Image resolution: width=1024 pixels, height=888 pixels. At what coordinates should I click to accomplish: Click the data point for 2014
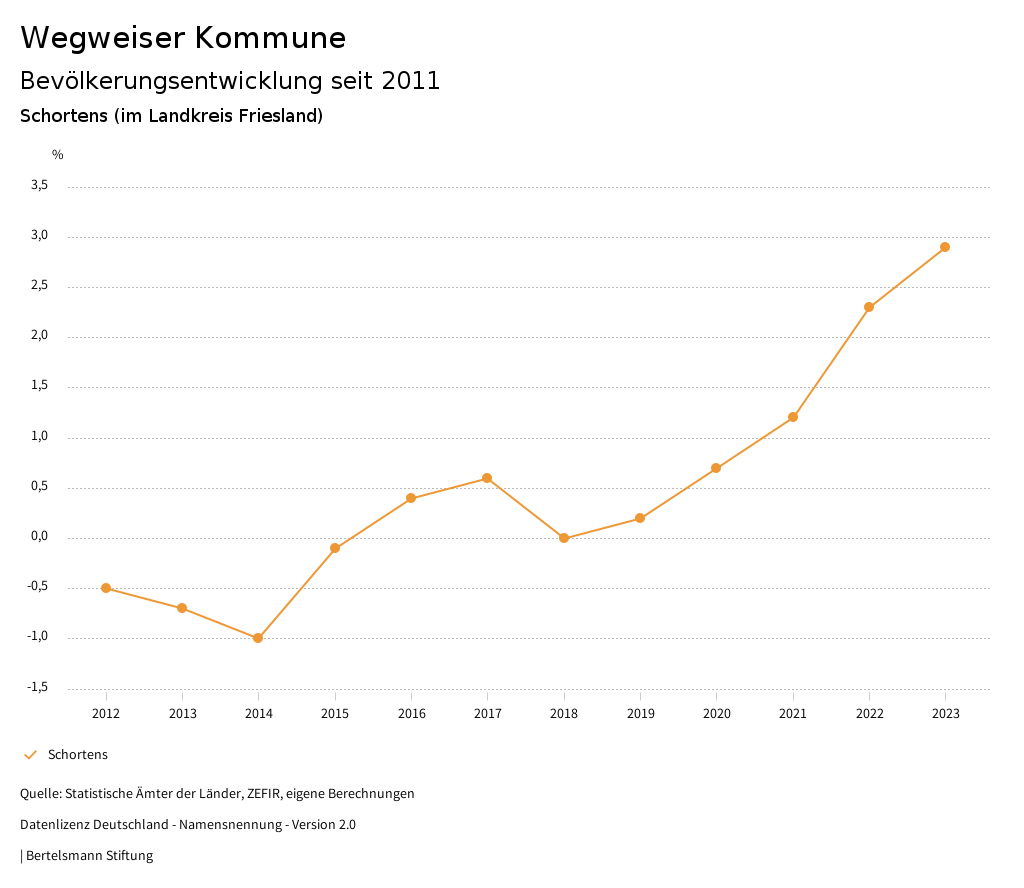click(x=258, y=638)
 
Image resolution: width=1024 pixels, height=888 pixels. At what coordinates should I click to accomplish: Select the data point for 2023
click(x=945, y=247)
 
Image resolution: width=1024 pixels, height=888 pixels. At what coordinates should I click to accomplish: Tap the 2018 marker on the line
click(x=564, y=538)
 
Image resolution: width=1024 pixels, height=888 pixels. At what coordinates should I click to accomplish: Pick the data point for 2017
click(x=487, y=478)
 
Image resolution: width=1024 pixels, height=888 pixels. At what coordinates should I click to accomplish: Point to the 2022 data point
click(x=869, y=307)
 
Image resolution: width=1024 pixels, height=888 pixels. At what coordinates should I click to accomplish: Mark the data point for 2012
click(x=106, y=588)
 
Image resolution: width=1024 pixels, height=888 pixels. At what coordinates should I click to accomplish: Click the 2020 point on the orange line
click(x=716, y=468)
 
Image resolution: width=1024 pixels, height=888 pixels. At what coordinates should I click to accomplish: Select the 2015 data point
click(x=335, y=548)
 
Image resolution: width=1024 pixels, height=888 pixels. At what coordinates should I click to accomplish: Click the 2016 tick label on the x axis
click(x=411, y=714)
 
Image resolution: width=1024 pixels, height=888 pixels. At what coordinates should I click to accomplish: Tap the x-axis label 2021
click(x=793, y=714)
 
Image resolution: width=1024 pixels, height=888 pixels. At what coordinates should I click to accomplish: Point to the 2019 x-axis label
click(x=640, y=714)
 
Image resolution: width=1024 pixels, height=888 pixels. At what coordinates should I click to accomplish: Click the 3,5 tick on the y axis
click(x=39, y=185)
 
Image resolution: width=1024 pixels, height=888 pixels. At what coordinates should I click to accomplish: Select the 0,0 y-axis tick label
click(x=39, y=537)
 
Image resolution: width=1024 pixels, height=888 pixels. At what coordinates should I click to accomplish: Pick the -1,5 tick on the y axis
click(x=37, y=687)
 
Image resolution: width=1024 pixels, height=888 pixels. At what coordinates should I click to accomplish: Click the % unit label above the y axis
click(x=58, y=155)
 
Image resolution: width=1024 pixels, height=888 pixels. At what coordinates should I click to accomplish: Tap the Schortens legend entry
click(x=77, y=755)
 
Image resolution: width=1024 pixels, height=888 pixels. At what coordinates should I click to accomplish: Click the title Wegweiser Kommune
click(x=183, y=38)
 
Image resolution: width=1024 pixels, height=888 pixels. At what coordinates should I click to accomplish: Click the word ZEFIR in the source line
click(x=261, y=794)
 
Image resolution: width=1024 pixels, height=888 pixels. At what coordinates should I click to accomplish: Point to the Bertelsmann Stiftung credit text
click(x=89, y=856)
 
